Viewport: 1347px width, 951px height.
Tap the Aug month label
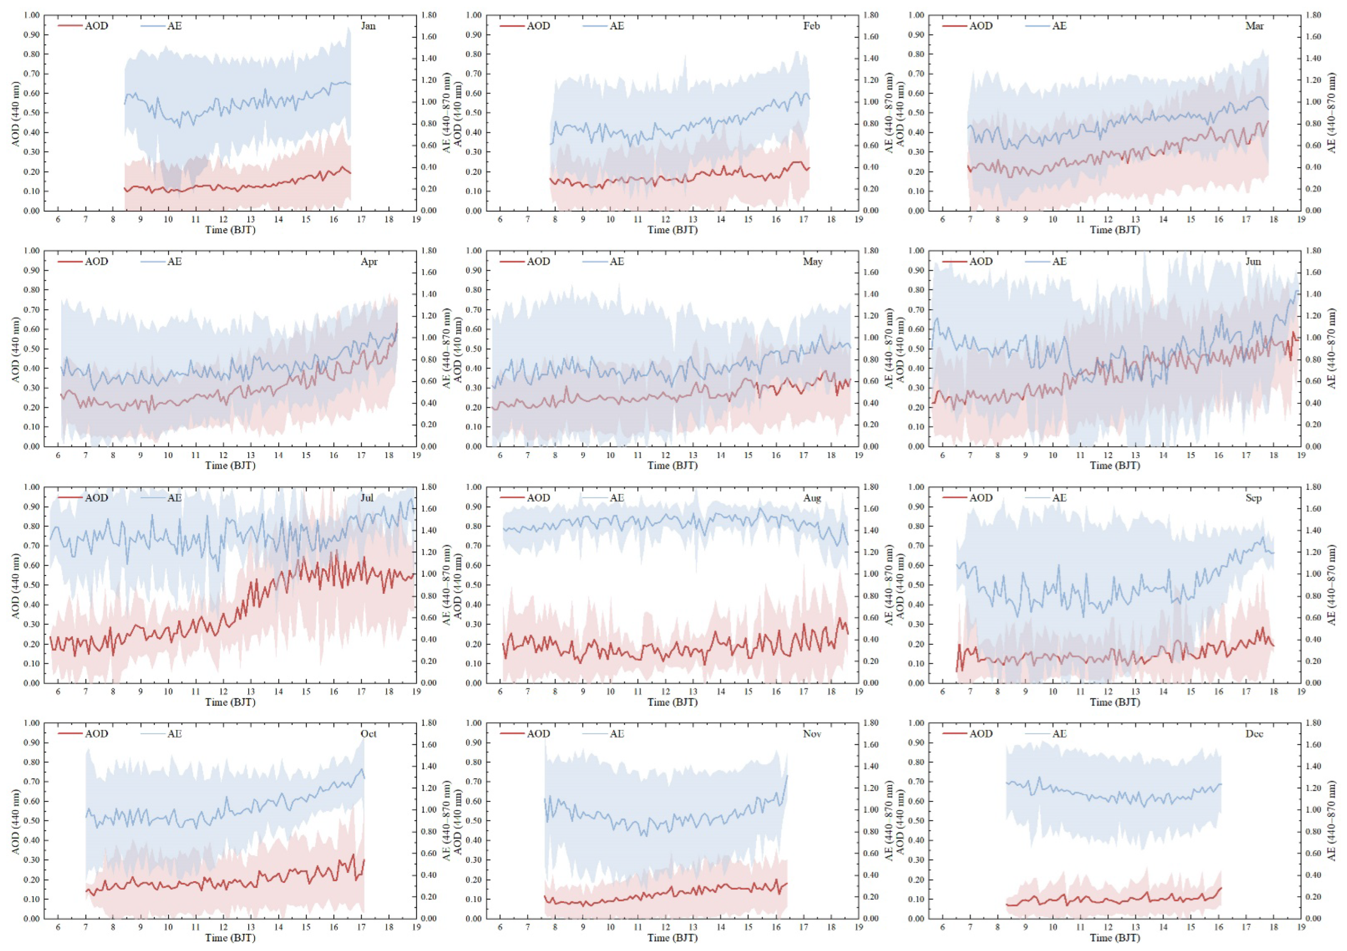coord(812,498)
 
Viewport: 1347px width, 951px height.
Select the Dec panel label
coord(1254,734)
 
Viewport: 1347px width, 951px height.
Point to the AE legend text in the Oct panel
coord(174,734)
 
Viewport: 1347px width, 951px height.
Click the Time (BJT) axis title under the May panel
coord(672,466)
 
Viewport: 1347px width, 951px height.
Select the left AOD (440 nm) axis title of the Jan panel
coord(16,113)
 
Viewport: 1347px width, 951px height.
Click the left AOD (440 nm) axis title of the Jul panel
coord(16,585)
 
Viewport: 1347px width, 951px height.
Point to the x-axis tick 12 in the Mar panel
coord(1108,219)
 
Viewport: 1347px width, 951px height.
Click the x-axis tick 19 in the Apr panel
coord(416,455)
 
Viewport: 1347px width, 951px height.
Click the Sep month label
coord(1254,498)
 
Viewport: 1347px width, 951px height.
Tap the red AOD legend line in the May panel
coord(512,262)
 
